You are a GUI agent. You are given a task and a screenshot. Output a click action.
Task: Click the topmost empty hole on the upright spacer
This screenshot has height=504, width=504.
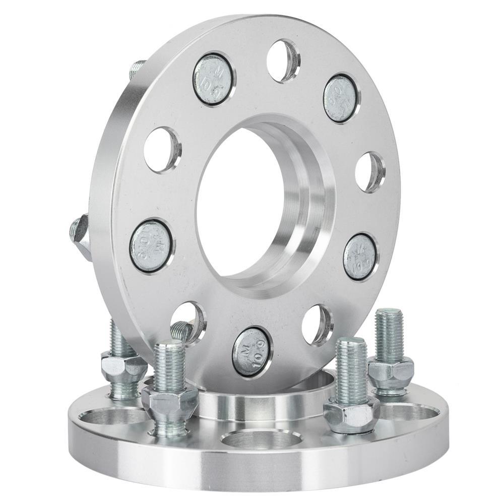(283, 60)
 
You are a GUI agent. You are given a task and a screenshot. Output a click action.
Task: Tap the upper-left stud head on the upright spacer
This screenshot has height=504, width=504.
(212, 78)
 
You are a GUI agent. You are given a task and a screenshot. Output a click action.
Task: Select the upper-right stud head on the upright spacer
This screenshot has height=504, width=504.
(341, 98)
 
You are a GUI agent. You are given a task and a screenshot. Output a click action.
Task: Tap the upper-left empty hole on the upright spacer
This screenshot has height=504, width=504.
(162, 150)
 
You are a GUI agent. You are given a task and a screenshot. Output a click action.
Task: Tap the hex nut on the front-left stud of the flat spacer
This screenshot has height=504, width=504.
(170, 401)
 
